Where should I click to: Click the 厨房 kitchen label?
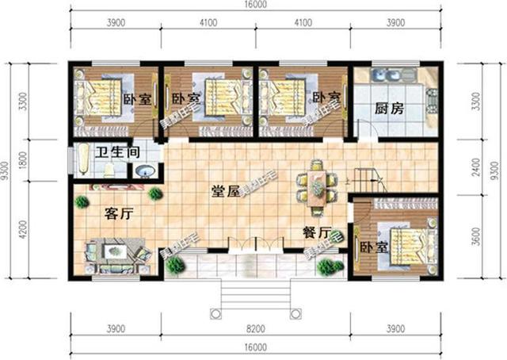(x=389, y=109)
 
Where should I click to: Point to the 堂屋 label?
(x=227, y=191)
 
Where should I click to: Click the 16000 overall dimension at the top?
(x=253, y=6)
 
